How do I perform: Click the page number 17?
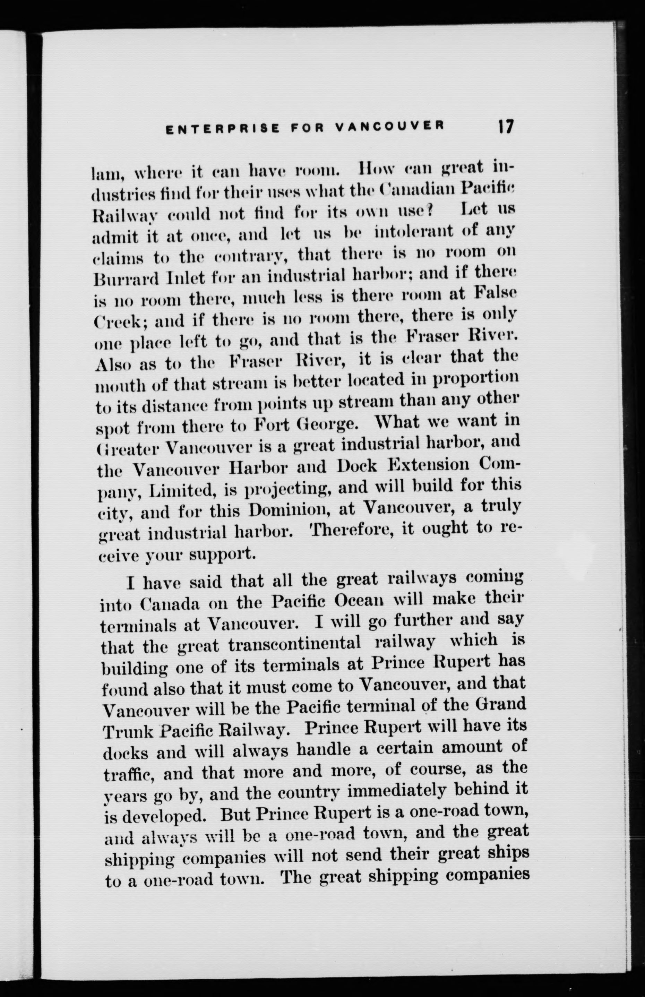(506, 127)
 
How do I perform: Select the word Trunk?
(127, 732)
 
